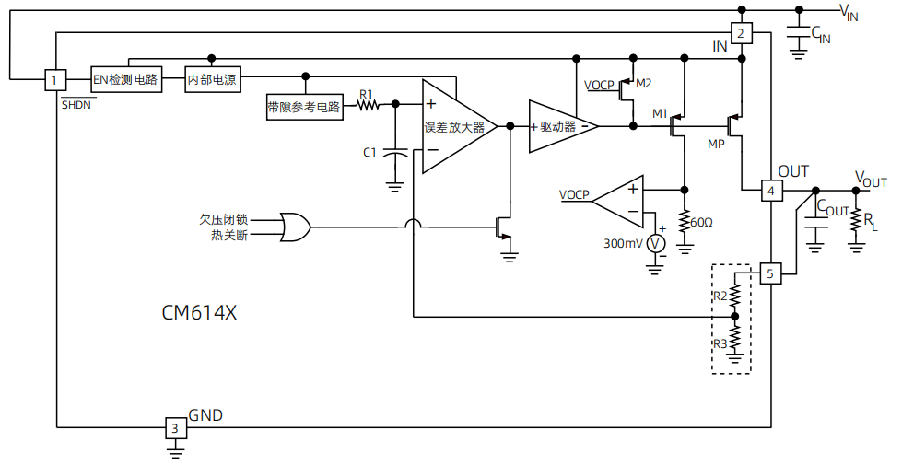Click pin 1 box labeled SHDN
coord(55,80)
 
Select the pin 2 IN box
coord(742,34)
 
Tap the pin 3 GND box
coord(174,427)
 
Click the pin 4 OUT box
coord(771,191)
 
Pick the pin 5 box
coord(771,273)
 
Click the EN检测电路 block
coord(126,80)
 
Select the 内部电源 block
coord(213,80)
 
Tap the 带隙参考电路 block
coord(303,107)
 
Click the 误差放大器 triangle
coord(455,127)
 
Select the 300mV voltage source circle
coord(655,243)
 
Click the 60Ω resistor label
coord(702,224)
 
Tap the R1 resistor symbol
coord(368,106)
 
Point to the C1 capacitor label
coord(369,152)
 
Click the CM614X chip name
coord(199,312)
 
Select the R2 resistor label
coord(720,296)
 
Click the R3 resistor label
coord(720,343)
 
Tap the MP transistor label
coord(716,145)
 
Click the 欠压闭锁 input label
coord(223,219)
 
